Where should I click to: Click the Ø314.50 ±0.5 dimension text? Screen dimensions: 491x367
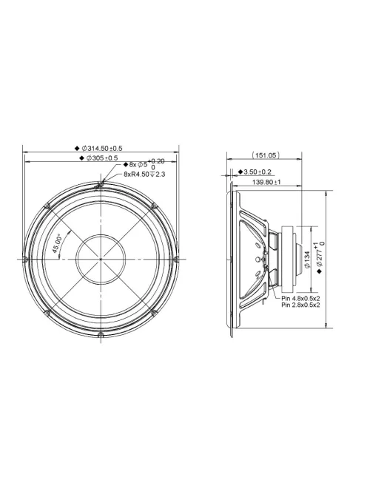tap(103, 148)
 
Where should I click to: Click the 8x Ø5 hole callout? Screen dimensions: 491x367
tap(140, 165)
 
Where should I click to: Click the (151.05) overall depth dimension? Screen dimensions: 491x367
tap(265, 155)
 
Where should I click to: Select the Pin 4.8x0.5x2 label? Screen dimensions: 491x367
tap(300, 299)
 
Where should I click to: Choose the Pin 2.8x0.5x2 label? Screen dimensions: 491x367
tap(300, 306)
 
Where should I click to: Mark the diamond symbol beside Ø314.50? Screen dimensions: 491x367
tap(77, 148)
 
